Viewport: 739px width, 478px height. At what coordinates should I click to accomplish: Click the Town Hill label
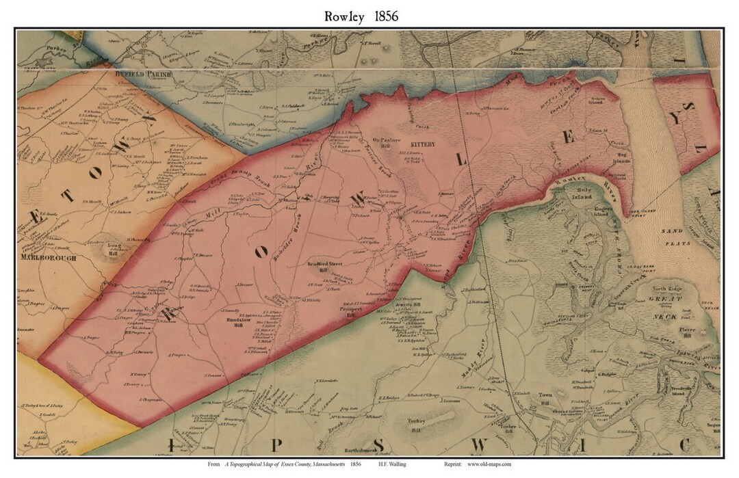[x=545, y=399]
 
